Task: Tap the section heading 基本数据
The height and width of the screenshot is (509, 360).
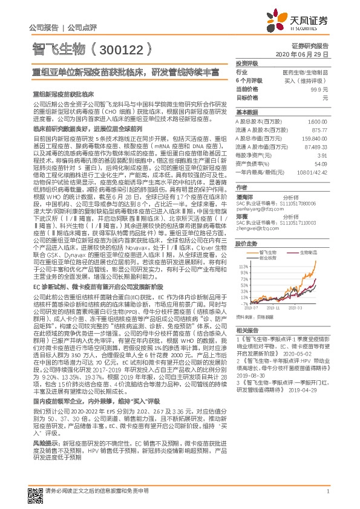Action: tap(246, 113)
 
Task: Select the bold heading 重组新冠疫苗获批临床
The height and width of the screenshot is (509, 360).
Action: tap(63, 95)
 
